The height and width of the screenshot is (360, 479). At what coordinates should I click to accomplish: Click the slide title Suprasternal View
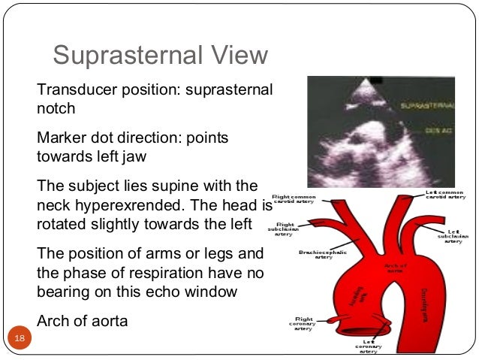(160, 56)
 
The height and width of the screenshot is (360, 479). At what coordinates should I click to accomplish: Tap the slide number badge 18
(16, 341)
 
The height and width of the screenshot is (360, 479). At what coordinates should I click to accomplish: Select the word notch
(56, 108)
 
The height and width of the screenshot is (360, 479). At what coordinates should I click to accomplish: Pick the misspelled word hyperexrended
(126, 205)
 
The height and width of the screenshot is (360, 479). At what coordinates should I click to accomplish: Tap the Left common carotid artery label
(447, 196)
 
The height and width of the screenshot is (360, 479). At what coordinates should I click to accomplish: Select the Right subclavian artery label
(284, 228)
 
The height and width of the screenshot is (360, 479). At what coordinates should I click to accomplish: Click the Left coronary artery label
(368, 346)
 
